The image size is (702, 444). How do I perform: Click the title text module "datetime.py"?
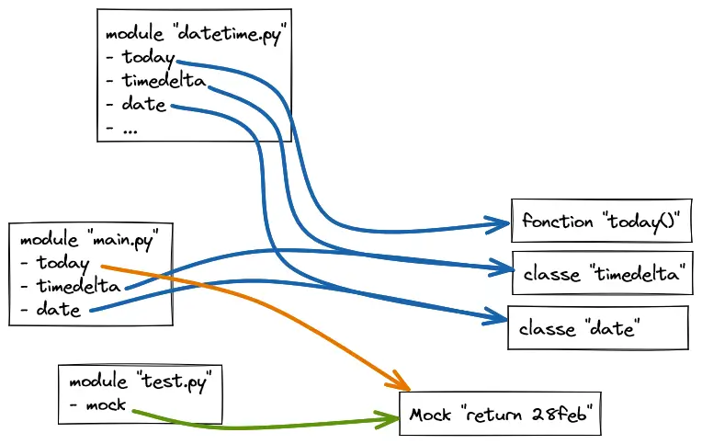[x=197, y=35]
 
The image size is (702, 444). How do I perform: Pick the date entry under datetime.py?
[x=143, y=105]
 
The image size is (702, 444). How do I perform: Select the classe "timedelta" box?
[x=600, y=274]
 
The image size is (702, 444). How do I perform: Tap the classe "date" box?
[x=597, y=328]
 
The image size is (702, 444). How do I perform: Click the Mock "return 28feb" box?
[x=500, y=415]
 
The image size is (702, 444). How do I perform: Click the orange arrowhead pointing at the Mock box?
[x=401, y=384]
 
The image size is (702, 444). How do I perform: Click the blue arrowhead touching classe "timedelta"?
[x=502, y=268]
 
